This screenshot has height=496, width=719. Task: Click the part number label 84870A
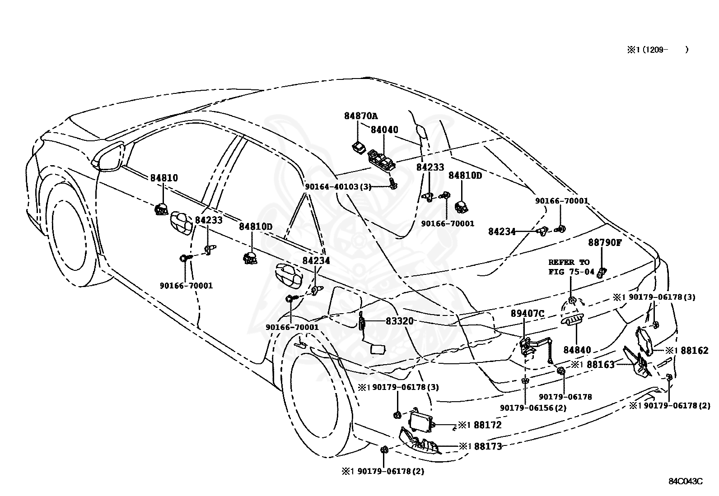(x=361, y=116)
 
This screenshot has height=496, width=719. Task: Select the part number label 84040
(x=384, y=130)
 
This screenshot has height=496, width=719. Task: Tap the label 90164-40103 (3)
(x=338, y=187)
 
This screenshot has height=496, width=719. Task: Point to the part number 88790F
(x=605, y=242)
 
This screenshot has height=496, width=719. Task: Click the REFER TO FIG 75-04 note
(x=572, y=267)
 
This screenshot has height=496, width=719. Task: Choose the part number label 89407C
(x=528, y=314)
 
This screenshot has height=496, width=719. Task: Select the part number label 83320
(x=400, y=321)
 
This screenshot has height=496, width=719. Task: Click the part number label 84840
(x=577, y=350)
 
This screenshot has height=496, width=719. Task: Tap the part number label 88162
(x=694, y=350)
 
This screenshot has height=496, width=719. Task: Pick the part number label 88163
(x=601, y=365)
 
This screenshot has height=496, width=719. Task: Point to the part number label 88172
(x=487, y=425)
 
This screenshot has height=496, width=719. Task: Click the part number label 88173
(x=488, y=446)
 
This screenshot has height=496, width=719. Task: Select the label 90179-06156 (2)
(x=533, y=408)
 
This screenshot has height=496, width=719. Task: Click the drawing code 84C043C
(x=686, y=481)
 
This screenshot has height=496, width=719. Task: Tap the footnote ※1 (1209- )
(x=658, y=50)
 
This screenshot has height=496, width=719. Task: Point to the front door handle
(x=182, y=221)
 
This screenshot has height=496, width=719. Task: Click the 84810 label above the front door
(x=164, y=178)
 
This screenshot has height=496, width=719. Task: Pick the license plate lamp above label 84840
(x=572, y=320)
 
